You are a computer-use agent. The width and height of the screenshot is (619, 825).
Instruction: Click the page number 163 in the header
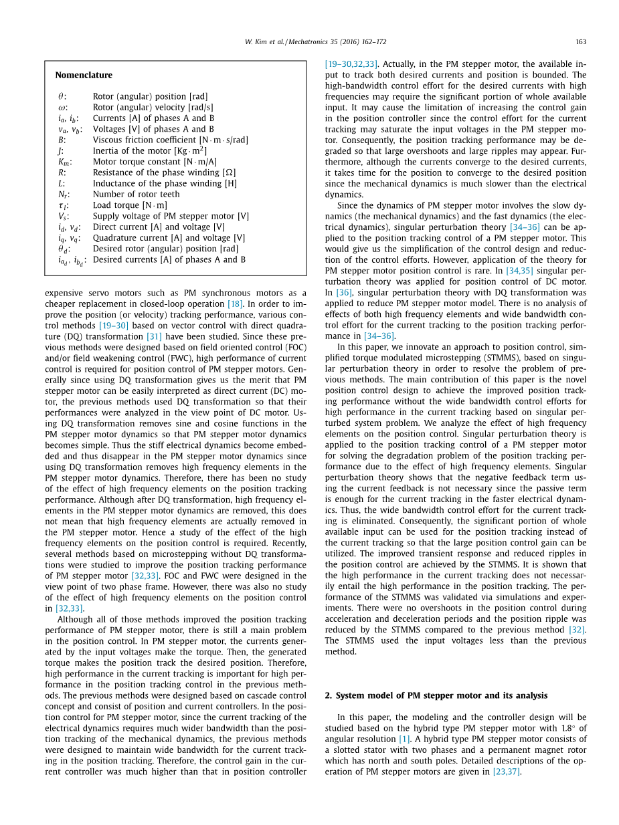pos(580,42)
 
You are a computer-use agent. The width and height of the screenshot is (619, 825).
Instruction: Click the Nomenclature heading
pos(84,75)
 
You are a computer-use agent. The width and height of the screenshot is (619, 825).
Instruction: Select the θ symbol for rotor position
pos(61,97)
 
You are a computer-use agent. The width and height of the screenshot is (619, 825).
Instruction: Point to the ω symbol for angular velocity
pos(62,108)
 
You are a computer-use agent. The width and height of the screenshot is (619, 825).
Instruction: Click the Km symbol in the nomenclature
pos(64,162)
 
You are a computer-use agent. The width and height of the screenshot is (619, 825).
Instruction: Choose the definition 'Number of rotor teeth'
pos(136,194)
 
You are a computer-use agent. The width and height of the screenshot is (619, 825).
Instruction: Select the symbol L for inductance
pos(60,183)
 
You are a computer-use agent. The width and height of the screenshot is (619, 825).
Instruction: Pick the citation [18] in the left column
pos(235,304)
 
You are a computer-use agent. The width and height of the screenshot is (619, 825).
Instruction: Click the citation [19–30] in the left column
pos(114,326)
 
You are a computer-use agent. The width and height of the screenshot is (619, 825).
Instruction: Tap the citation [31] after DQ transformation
pos(154,336)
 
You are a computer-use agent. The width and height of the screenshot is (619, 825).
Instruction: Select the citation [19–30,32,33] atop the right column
pos(351,64)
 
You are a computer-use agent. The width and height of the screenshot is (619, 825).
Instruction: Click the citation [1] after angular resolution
pos(404,739)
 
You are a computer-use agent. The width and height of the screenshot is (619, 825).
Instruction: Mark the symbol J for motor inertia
pos(60,151)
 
